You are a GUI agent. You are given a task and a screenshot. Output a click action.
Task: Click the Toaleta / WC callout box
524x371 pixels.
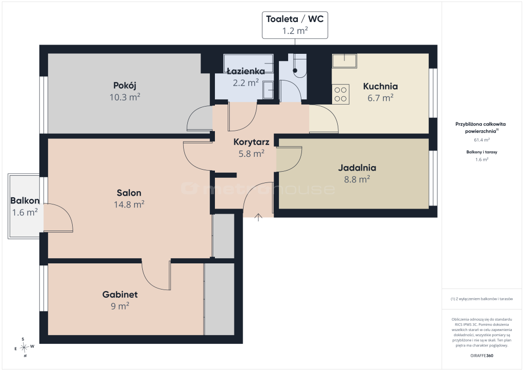coord(295,25)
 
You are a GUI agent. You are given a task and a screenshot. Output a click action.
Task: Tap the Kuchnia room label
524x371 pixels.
coord(380,86)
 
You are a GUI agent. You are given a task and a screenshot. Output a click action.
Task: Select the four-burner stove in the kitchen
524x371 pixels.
coord(340,94)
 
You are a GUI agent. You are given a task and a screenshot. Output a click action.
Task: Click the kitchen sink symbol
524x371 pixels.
coord(344,61)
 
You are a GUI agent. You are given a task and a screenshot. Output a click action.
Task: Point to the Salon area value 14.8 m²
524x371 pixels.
coord(129,204)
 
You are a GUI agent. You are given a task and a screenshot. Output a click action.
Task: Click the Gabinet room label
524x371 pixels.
coord(120,294)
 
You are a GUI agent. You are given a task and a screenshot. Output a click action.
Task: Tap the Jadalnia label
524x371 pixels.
coord(357,168)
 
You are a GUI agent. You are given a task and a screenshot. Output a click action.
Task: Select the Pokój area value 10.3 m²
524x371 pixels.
coord(125,97)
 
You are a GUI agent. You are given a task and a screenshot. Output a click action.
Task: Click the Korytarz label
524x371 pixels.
coord(251,142)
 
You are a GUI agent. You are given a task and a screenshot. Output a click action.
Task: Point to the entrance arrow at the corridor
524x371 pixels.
coord(258,217)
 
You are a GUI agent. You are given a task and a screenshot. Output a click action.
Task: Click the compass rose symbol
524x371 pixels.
coord(24,348)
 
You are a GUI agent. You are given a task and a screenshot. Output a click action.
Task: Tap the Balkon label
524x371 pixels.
coord(25,200)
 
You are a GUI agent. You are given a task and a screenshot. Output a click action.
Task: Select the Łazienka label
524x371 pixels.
coord(246,71)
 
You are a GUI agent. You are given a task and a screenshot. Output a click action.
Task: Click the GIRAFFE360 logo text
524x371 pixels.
coord(482,356)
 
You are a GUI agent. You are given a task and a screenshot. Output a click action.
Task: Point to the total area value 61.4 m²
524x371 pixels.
coord(482,140)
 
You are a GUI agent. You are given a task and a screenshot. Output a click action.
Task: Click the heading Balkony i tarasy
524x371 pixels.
coord(482,152)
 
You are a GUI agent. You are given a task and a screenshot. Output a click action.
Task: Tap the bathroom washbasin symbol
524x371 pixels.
coord(268,90)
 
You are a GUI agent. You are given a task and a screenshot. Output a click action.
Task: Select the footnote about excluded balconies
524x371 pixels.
coord(482,299)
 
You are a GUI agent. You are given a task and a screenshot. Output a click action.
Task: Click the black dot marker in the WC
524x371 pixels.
coord(295,71)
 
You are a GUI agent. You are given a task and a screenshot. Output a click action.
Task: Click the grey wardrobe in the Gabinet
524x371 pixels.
coord(219,299)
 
